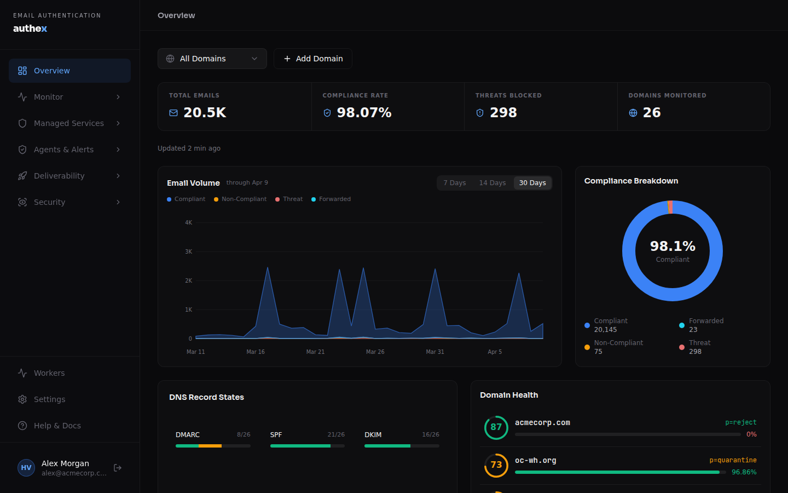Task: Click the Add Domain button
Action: pos(313,59)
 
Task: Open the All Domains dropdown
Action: pos(212,59)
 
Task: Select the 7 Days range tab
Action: pos(454,183)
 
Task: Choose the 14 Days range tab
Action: pos(492,183)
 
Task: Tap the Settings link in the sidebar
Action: pos(49,399)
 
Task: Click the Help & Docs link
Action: pos(57,426)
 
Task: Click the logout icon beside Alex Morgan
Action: pos(118,468)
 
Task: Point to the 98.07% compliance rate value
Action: pos(364,113)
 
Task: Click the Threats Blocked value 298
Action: pos(503,113)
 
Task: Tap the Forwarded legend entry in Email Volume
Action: pos(334,199)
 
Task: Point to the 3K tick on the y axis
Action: pos(189,252)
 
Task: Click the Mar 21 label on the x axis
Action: pos(315,352)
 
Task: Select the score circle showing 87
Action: pos(496,427)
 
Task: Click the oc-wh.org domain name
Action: pos(535,461)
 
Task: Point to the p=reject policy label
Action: pos(740,422)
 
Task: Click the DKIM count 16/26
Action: pos(430,435)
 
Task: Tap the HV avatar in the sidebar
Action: pos(26,468)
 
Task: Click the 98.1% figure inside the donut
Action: pos(673,246)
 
